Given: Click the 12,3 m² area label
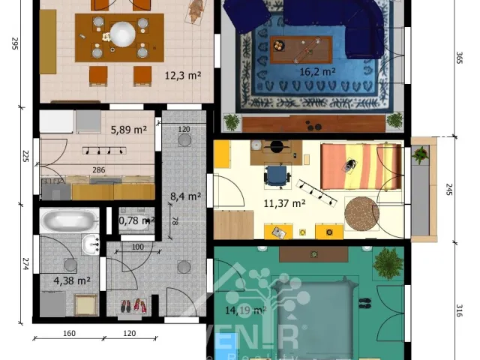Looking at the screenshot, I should [181, 74].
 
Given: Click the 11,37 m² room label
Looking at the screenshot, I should [284, 202].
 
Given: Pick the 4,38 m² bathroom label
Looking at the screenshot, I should [72, 281].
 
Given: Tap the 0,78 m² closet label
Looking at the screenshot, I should [136, 220].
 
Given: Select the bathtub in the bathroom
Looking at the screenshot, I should [69, 221].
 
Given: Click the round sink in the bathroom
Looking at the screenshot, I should [92, 243].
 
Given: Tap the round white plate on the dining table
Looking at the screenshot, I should [121, 33].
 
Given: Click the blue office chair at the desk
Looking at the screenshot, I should [276, 175].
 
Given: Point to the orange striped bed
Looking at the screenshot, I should [351, 166].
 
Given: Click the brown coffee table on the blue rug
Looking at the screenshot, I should [301, 49].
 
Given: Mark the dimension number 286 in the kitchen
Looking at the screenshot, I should [98, 170].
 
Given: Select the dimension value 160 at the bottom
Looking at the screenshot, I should [69, 333].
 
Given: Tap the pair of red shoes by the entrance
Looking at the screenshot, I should [131, 305].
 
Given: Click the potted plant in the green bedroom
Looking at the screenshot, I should [388, 263].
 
